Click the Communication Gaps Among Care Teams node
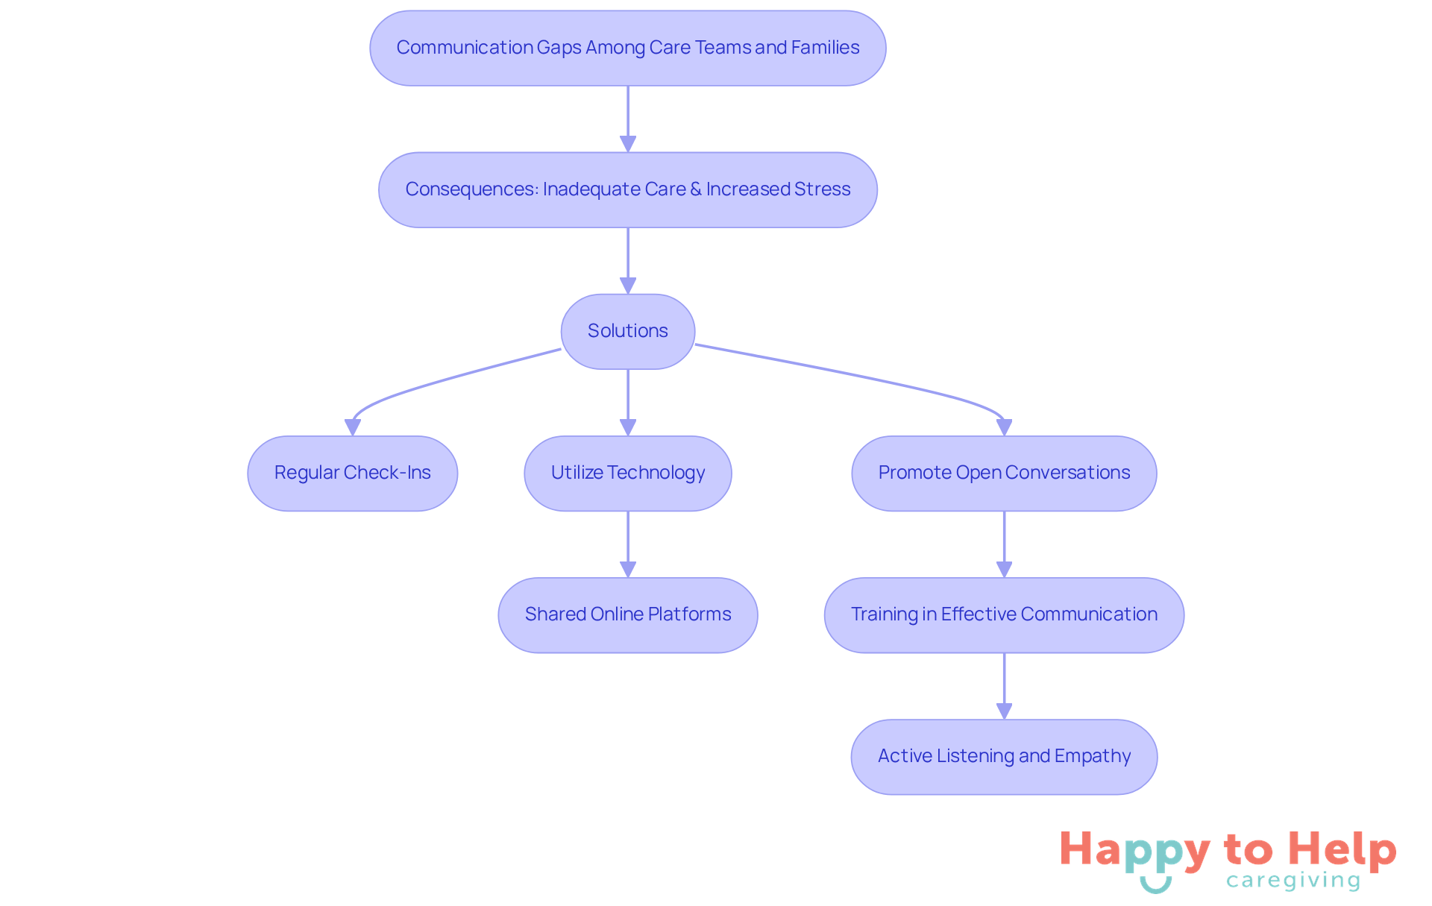coord(627,48)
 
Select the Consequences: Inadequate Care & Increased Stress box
coord(627,189)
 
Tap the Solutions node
coord(627,331)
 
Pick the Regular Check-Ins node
coord(352,473)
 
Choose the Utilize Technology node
coord(627,473)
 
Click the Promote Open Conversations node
coord(1004,473)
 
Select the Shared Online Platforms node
coord(627,614)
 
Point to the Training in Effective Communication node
coord(1004,614)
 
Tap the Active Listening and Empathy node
coord(1004,756)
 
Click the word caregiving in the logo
coord(1293,881)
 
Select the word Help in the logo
coord(1342,849)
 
